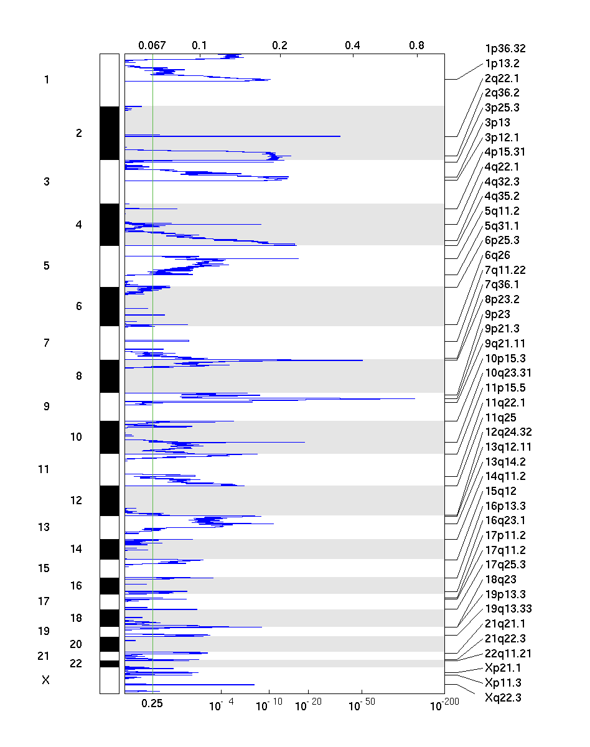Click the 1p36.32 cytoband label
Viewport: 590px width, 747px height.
pyautogui.click(x=506, y=49)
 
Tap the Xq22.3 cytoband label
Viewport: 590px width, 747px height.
pyautogui.click(x=503, y=697)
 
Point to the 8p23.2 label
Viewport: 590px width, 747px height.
pyautogui.click(x=502, y=299)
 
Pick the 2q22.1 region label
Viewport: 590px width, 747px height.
pyautogui.click(x=502, y=78)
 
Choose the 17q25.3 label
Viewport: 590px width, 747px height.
pyautogui.click(x=505, y=565)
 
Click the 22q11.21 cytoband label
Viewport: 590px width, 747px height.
pyautogui.click(x=508, y=654)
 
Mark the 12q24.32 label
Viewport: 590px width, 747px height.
pyautogui.click(x=508, y=432)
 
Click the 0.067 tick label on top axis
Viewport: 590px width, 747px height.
pyautogui.click(x=152, y=45)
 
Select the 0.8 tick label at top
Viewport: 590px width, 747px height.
pyautogui.click(x=417, y=45)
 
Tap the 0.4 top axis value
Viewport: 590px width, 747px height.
pyautogui.click(x=352, y=45)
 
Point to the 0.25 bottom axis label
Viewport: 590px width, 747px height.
pyautogui.click(x=152, y=703)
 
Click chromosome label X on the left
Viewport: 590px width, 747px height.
pyautogui.click(x=45, y=680)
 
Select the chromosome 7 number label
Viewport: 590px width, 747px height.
pyautogui.click(x=46, y=343)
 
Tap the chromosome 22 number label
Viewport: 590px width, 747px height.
pyautogui.click(x=76, y=664)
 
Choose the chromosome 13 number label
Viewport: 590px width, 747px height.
pyautogui.click(x=44, y=527)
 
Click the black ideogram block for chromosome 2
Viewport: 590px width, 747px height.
pyautogui.click(x=109, y=133)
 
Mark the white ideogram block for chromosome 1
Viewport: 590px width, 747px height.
pyautogui.click(x=109, y=80)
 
